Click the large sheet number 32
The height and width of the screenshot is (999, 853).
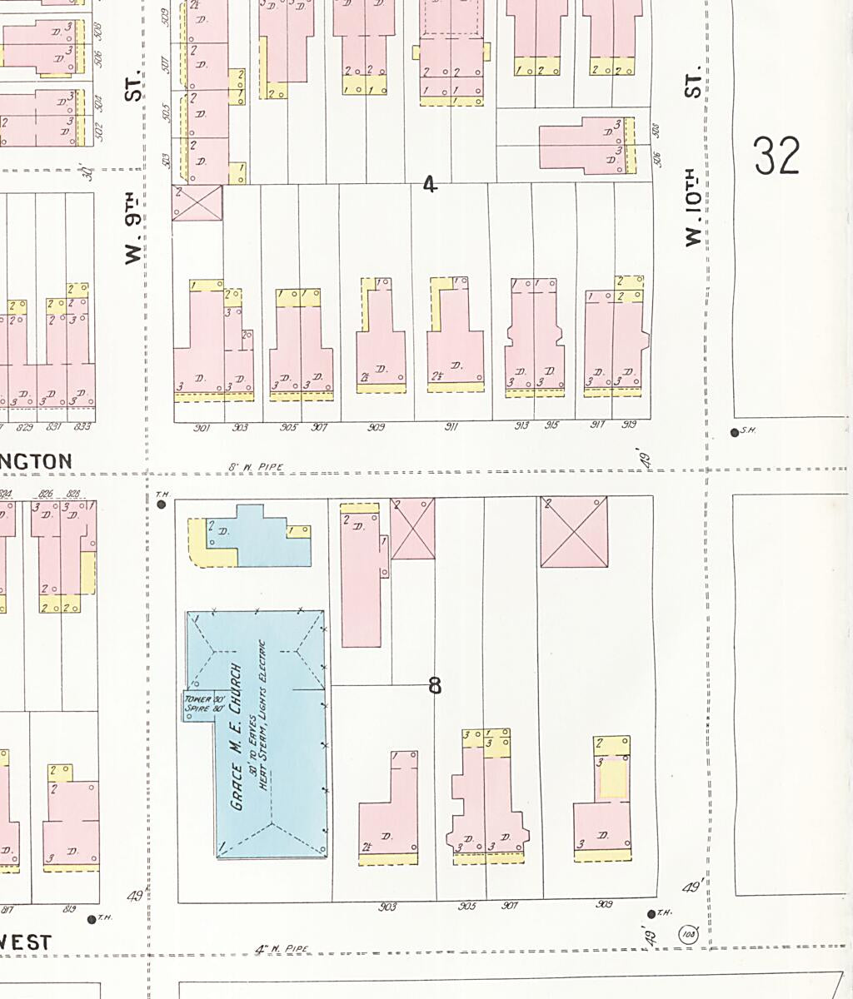click(x=777, y=157)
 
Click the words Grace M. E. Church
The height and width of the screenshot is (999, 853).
click(x=237, y=738)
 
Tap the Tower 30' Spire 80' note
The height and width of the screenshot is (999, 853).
click(x=198, y=703)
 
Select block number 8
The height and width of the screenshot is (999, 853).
click(x=435, y=685)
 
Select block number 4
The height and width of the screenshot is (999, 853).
click(x=429, y=184)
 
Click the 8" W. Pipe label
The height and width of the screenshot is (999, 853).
click(x=256, y=468)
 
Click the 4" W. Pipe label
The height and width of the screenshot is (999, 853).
click(x=282, y=948)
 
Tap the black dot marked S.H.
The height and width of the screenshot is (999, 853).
click(x=734, y=432)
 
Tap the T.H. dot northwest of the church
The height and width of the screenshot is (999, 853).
click(x=162, y=504)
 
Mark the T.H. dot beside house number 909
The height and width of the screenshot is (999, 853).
click(x=651, y=914)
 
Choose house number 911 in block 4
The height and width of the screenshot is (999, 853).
click(x=451, y=427)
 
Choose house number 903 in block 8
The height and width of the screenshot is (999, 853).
click(x=387, y=907)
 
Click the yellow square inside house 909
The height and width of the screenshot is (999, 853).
click(x=614, y=780)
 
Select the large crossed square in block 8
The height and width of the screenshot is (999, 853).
click(x=574, y=532)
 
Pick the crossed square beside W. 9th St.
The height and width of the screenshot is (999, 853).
click(x=197, y=203)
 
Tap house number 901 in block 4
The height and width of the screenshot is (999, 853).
click(x=201, y=428)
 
